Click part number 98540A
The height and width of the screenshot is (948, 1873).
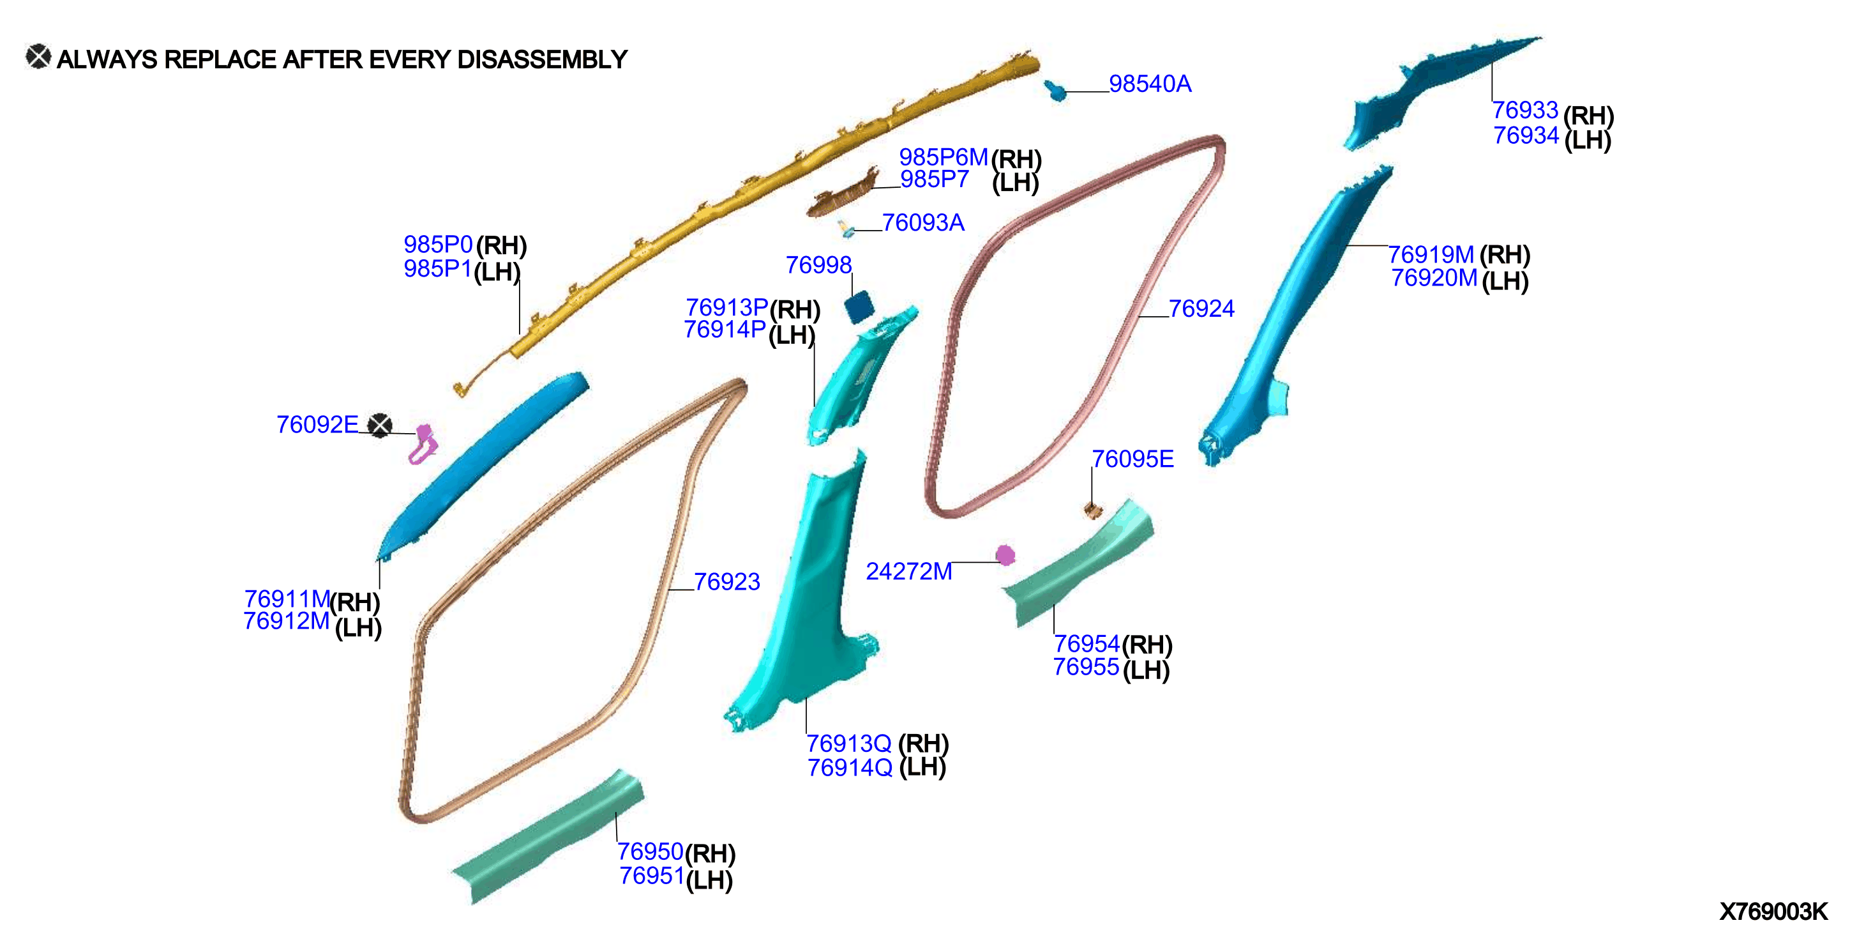tap(1150, 84)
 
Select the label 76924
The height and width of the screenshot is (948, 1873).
tap(1201, 309)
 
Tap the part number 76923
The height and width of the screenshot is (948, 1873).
tap(726, 581)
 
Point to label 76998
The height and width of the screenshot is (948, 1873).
tap(818, 265)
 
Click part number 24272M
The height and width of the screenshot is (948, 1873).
tap(909, 571)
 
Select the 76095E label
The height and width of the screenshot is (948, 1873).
tap(1133, 459)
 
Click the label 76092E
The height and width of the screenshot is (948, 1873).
tap(317, 424)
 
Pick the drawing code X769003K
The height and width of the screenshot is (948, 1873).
tap(1773, 912)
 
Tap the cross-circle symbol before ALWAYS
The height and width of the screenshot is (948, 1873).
tap(38, 57)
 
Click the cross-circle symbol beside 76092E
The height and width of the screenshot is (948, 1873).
tap(380, 425)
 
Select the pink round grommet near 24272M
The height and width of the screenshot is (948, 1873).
tap(1005, 556)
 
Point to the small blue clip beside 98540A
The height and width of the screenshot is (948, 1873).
tap(1055, 90)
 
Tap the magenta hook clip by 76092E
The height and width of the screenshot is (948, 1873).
tap(423, 445)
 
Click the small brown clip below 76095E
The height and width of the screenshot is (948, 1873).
tap(1093, 510)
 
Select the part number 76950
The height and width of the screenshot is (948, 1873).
tap(650, 852)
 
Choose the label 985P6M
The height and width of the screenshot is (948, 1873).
tap(943, 157)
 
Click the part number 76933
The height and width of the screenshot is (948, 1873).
tap(1524, 110)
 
